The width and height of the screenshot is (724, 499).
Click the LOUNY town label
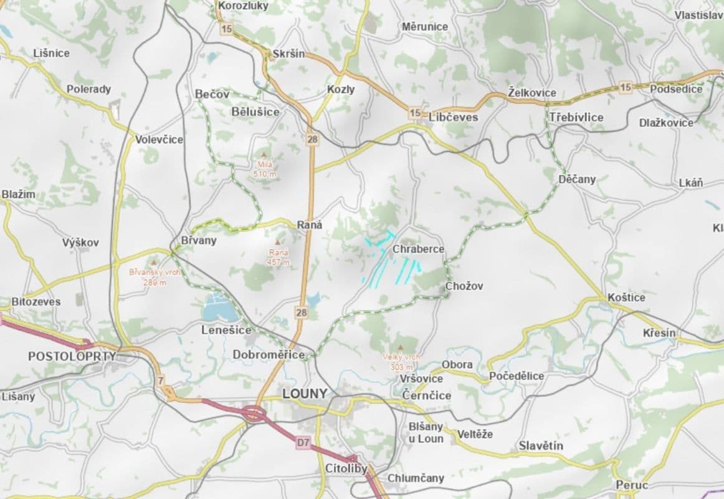pos(304,394)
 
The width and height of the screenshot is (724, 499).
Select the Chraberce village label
pos(418,249)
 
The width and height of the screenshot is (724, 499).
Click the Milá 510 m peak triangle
pos(264,155)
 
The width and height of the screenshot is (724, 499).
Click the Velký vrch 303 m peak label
pos(402,362)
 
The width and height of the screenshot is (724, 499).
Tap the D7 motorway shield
pos(303,443)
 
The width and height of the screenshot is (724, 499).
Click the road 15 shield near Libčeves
pos(415,113)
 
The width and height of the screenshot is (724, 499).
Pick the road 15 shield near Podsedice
pos(626,87)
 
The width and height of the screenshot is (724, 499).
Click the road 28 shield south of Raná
pos(302,312)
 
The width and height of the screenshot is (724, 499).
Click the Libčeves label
pos(453,117)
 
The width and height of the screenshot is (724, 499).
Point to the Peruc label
pos(632,485)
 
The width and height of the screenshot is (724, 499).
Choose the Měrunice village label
pos(424,27)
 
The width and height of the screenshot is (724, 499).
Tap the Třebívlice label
pos(576,117)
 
